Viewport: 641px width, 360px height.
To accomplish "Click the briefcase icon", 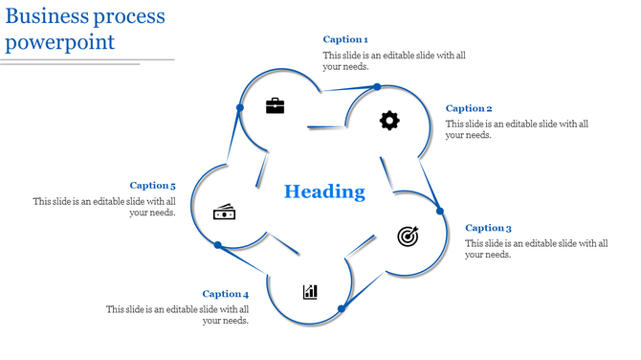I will point(276,105).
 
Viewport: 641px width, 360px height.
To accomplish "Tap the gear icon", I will point(389,120).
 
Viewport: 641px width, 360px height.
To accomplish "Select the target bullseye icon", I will point(408,236).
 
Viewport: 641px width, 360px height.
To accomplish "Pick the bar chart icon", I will point(310,291).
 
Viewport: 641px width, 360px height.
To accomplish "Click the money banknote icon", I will point(224,212).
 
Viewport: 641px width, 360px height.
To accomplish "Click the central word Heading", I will point(324,191).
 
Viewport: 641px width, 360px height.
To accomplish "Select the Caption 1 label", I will point(345,39).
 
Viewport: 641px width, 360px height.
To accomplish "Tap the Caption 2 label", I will point(469,108).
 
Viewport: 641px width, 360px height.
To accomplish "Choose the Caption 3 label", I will point(488,228).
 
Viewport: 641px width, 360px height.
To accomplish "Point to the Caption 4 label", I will point(226,294).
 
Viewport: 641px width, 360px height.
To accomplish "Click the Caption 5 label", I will point(153,186).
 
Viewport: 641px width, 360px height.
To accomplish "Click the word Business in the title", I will point(49,16).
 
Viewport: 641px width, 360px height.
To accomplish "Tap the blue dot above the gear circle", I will point(377,87).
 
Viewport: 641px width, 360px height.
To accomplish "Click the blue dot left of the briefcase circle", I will point(239,107).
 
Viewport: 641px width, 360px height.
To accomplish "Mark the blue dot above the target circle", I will point(440,211).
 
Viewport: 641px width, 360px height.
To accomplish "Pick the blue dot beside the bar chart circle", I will point(341,308).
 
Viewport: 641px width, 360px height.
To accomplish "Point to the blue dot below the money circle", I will point(218,246).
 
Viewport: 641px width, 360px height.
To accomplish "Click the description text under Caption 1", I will point(394,61).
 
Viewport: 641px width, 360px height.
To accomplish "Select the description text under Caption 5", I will point(105,207).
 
